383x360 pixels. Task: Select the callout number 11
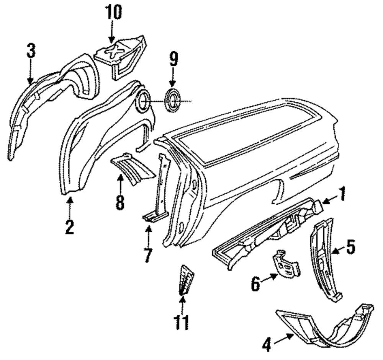(x=182, y=323)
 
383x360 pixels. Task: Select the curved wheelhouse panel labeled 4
(x=326, y=329)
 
